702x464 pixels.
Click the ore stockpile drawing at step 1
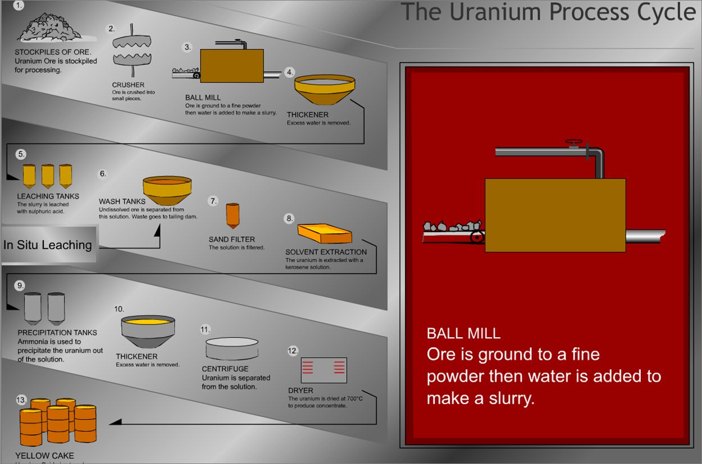tap(48, 28)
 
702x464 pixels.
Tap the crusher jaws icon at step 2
tap(130, 51)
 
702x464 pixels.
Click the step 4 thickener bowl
tap(325, 91)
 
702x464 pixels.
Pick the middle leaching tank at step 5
tap(48, 176)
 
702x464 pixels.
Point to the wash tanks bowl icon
tap(167, 191)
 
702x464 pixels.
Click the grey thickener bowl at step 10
tap(148, 332)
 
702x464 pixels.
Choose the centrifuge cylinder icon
tap(232, 348)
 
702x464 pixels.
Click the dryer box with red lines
tap(323, 370)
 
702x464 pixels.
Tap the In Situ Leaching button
tap(48, 245)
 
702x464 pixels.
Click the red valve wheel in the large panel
tap(573, 143)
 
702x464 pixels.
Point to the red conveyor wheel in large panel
tap(477, 237)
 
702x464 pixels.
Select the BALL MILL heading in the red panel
tap(463, 333)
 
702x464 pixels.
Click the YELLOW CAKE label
tap(44, 456)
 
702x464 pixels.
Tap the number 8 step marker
tap(289, 218)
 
